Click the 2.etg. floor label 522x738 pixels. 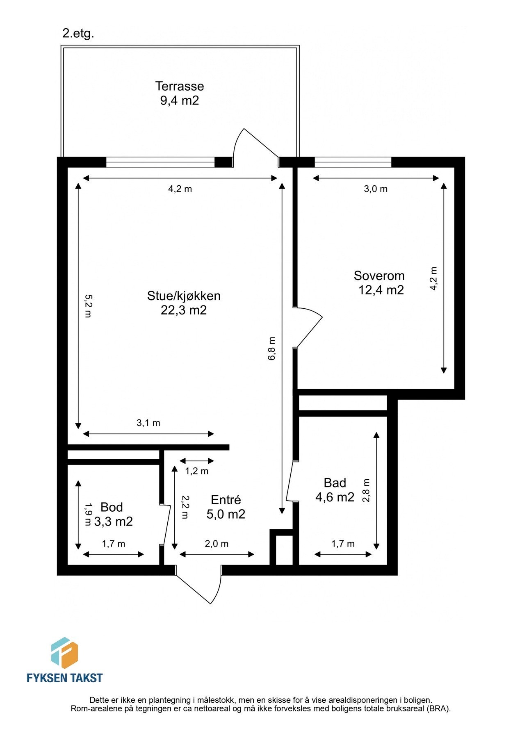coord(78,34)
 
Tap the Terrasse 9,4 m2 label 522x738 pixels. coord(179,93)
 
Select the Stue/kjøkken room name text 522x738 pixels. coord(184,296)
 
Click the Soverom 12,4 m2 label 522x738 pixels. coord(380,283)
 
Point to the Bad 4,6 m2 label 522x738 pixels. coord(335,490)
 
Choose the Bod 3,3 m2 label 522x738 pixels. coord(113,515)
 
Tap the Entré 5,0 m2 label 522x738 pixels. coord(226,507)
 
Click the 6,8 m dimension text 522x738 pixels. coord(272,348)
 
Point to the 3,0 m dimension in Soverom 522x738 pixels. coord(376,189)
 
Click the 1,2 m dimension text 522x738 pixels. coord(197,471)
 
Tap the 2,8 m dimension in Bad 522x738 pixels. coord(366,490)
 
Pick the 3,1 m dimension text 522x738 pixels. coord(148,423)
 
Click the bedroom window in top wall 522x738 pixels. coord(353,163)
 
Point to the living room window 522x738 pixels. coord(160,163)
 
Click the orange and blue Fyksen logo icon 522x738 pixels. coord(64,653)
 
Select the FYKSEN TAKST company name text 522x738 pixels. coord(64,678)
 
